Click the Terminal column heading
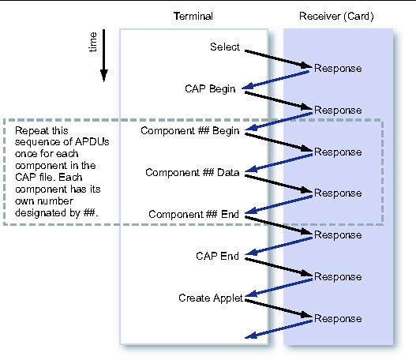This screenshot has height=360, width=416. [193, 17]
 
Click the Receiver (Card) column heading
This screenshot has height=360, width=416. [337, 17]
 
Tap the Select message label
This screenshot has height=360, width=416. [225, 47]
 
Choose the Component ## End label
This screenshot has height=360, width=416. [193, 214]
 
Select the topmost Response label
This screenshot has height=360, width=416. [338, 68]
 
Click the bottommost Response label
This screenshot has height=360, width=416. [338, 318]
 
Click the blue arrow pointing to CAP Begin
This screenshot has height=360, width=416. [276, 80]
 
